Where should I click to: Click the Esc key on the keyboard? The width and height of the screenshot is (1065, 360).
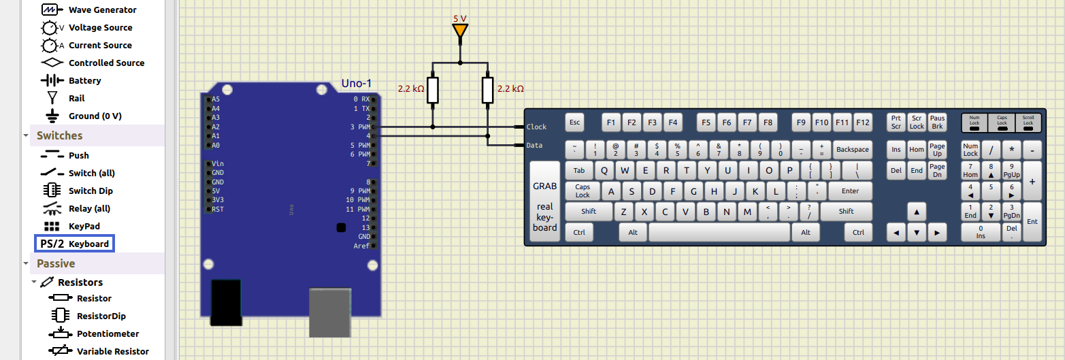click(575, 122)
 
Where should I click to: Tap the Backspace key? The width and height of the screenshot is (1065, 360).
click(853, 149)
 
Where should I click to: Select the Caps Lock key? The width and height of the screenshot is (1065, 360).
click(583, 191)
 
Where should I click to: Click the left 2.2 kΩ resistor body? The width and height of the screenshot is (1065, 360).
click(433, 90)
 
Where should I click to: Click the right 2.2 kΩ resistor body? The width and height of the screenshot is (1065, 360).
click(487, 90)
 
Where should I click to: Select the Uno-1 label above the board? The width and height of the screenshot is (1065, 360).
click(357, 84)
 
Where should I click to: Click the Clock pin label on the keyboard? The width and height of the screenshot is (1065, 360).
click(536, 127)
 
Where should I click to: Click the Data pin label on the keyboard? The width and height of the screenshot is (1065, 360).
click(535, 145)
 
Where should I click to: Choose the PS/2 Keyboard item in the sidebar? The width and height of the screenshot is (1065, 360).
click(74, 244)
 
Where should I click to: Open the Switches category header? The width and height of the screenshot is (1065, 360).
click(59, 135)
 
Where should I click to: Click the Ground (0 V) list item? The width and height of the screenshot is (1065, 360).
click(95, 116)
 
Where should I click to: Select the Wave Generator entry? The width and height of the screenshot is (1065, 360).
click(102, 10)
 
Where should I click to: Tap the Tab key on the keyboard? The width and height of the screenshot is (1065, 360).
click(579, 171)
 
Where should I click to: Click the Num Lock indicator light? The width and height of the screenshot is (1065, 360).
click(974, 127)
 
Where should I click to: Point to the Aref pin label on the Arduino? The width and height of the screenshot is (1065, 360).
click(361, 246)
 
